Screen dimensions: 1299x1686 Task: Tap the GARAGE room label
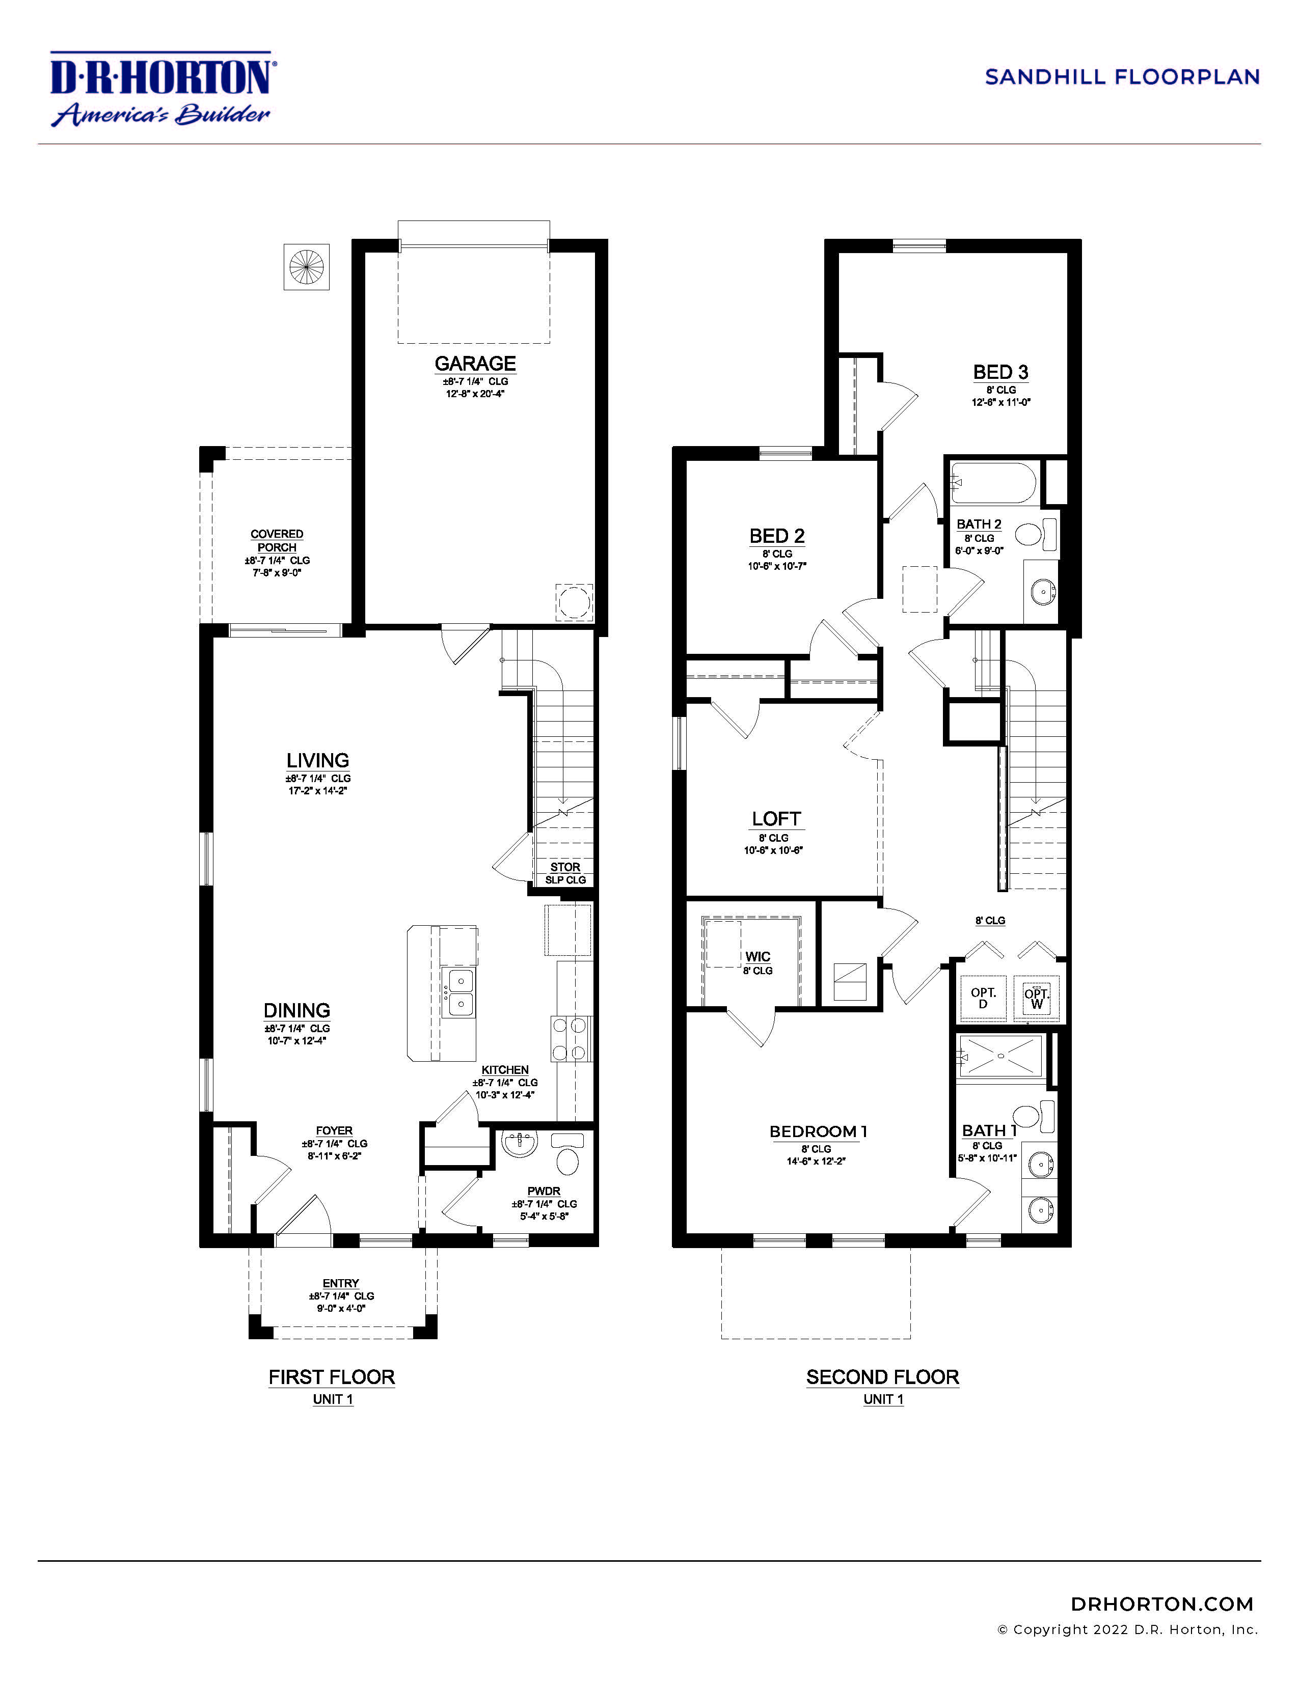[475, 364]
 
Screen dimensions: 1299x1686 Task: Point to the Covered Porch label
[277, 540]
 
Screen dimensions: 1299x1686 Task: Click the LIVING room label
[317, 760]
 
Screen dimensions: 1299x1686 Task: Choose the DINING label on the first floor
[296, 1010]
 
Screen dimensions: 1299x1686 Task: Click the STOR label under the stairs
[565, 867]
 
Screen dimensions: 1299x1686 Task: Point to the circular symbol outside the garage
[307, 267]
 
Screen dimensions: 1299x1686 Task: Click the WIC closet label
[757, 956]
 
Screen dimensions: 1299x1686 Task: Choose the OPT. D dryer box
[983, 999]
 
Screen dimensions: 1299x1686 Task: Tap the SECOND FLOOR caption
[883, 1377]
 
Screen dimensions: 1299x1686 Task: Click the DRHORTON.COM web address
[1161, 1604]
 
